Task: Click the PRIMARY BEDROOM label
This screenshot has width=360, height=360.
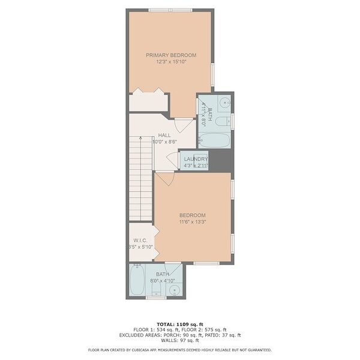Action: [x=171, y=55]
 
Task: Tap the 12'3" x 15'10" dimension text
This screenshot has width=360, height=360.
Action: [x=171, y=62]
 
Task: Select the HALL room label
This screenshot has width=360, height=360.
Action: [x=164, y=135]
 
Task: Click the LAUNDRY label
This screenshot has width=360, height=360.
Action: [x=196, y=159]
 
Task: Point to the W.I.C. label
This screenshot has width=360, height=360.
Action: [x=140, y=241]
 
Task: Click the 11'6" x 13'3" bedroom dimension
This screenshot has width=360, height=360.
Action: [x=193, y=222]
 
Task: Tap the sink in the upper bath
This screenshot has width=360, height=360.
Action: [x=224, y=103]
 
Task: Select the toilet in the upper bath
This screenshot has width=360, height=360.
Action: [x=223, y=121]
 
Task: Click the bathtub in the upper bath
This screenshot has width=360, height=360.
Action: [x=214, y=140]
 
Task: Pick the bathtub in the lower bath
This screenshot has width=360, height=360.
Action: [x=137, y=280]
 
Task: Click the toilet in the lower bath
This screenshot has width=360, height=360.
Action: [x=157, y=289]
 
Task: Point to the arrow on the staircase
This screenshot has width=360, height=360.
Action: [x=140, y=138]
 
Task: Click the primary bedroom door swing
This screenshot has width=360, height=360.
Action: [x=184, y=125]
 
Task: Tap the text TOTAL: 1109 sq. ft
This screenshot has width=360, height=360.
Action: [x=180, y=325]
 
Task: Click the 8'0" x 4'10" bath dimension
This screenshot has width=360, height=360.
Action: [x=163, y=281]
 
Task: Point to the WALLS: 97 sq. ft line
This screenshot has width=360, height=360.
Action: [x=180, y=340]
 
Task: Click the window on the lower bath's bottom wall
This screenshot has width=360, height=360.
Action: [x=157, y=298]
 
